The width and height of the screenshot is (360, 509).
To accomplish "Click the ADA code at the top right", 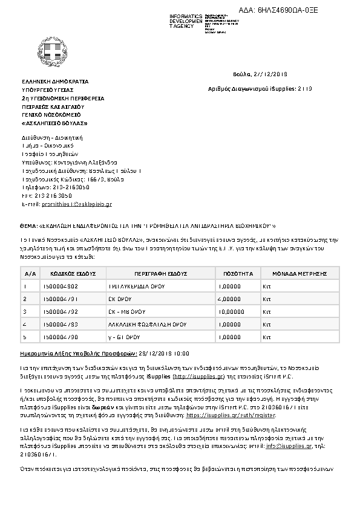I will click(x=299, y=10).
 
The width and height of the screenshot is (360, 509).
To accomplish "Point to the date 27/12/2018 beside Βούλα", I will click(x=269, y=74).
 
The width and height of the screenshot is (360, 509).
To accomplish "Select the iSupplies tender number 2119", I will click(x=304, y=88).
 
